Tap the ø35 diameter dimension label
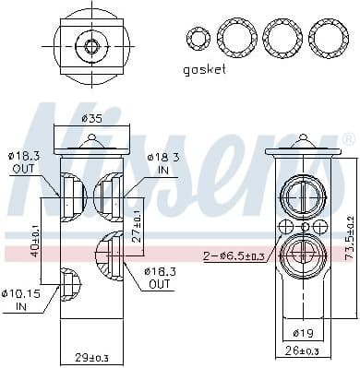[x=91, y=118]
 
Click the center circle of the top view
[x=91, y=45]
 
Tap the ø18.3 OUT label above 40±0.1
[x=24, y=164]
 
